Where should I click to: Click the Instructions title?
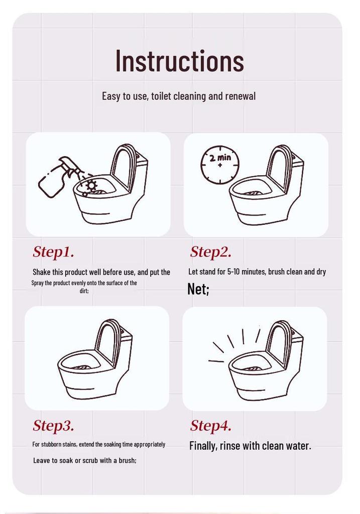(180, 61)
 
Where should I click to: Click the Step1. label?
(53, 252)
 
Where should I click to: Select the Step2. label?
(211, 252)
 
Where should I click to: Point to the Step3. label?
(53, 426)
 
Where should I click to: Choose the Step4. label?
(211, 426)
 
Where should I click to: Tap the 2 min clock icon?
(220, 165)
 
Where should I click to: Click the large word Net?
(198, 289)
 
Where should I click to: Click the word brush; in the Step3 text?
(128, 460)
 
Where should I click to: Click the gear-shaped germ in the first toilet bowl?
(91, 185)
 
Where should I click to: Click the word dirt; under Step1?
(84, 291)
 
